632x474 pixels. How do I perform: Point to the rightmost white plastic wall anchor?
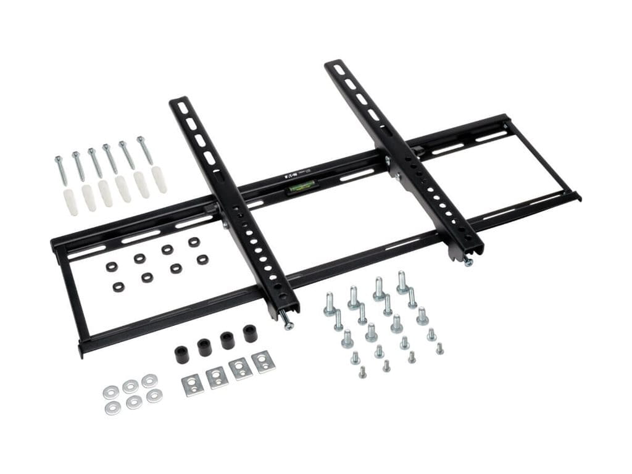[x=159, y=180]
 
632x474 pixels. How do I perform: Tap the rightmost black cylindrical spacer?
[x=250, y=334]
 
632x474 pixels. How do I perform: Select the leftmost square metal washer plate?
[x=193, y=385]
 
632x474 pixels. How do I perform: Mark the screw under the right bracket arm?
[x=468, y=261]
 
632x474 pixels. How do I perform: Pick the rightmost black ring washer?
[x=202, y=259]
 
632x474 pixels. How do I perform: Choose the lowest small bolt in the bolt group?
[x=362, y=372]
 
